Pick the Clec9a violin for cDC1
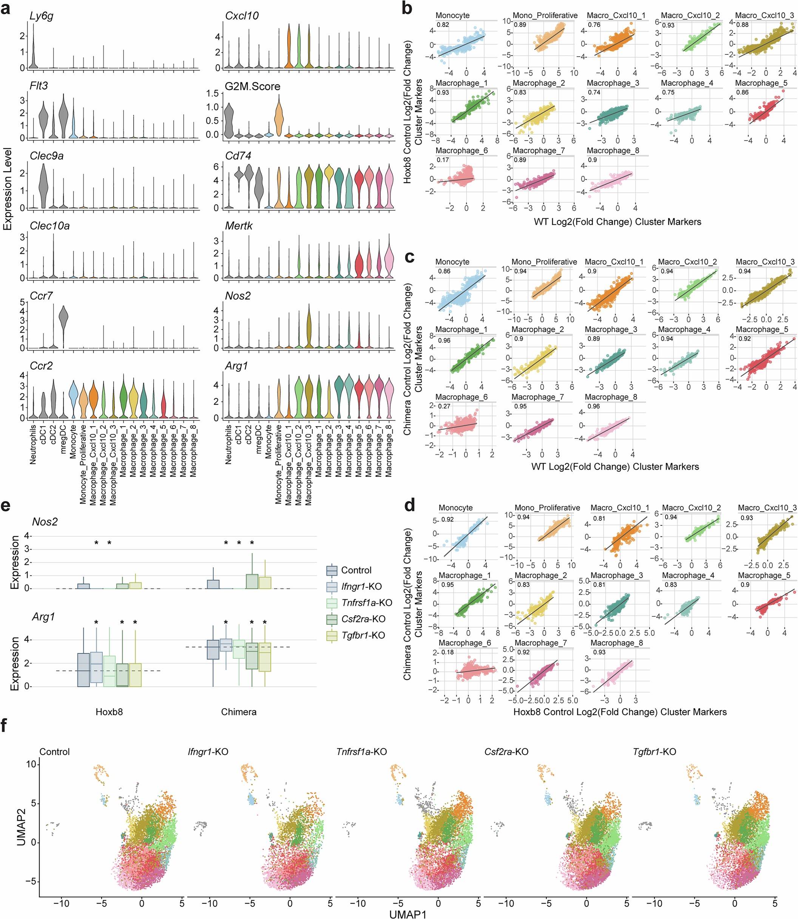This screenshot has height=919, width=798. tap(43, 186)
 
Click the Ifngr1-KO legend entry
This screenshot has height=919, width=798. tap(361, 586)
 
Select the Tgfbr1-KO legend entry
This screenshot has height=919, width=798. tap(363, 635)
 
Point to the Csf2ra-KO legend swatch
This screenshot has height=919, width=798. tap(332, 619)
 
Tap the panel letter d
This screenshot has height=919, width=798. tap(408, 505)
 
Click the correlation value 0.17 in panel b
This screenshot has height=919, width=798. tap(443, 159)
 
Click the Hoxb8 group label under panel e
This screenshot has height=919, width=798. tap(109, 712)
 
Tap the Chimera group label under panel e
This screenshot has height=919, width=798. tap(239, 712)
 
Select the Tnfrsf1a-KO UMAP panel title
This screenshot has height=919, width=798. tap(361, 752)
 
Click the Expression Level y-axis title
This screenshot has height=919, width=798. tap(7, 189)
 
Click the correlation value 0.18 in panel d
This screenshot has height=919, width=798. tap(448, 652)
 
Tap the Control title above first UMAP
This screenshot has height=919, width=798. tap(54, 752)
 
